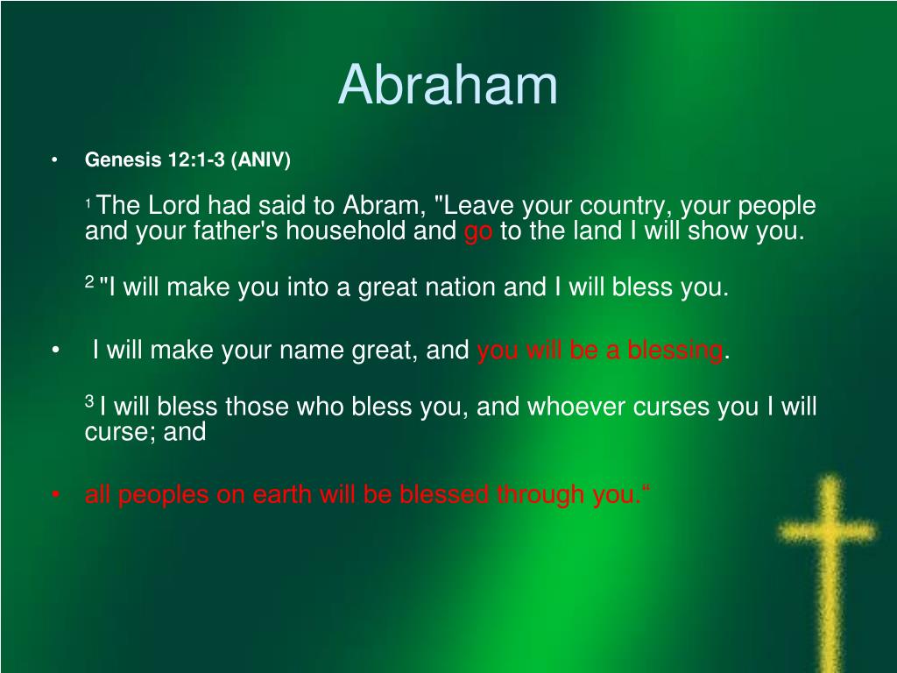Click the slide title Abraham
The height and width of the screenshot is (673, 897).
click(448, 85)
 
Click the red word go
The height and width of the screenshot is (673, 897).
click(478, 232)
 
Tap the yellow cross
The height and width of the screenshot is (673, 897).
click(826, 561)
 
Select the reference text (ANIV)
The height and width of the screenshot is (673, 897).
click(261, 160)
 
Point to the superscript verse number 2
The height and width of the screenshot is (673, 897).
click(89, 281)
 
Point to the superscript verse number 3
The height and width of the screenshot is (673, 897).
click(89, 401)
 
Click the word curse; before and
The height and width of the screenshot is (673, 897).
click(118, 432)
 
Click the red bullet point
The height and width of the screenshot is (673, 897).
click(55, 495)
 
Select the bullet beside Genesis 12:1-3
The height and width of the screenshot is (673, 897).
click(55, 160)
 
